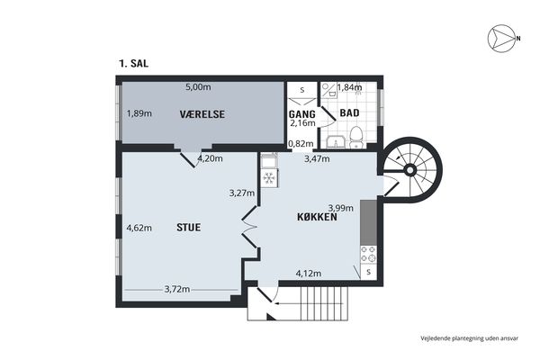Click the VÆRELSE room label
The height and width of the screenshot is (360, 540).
(202, 114)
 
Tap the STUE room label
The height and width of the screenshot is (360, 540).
(188, 228)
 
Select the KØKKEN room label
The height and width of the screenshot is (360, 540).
(317, 217)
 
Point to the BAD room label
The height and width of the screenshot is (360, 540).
(349, 112)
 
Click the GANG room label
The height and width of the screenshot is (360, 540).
(302, 114)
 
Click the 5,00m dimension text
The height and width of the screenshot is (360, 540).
(198, 87)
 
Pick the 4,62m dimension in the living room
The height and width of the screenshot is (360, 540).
(139, 228)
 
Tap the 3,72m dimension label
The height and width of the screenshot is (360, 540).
(177, 289)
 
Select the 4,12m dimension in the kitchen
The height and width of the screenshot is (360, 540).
(309, 274)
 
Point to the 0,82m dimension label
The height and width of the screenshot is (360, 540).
(301, 144)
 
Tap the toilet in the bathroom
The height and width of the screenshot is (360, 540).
(356, 137)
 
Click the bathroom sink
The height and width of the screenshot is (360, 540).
(336, 142)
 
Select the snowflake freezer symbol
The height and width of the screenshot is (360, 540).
(268, 178)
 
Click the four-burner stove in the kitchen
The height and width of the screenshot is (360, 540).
(368, 254)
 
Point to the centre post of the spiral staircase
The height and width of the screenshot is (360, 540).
(409, 170)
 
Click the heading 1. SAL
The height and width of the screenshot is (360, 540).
(133, 63)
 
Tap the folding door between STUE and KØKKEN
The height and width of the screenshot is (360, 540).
(249, 227)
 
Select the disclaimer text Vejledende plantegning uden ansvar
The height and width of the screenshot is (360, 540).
(469, 338)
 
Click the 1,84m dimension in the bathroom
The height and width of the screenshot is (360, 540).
(349, 87)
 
